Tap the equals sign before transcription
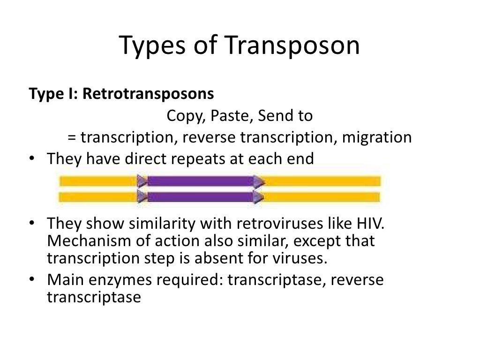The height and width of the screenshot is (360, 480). tap(72, 138)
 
